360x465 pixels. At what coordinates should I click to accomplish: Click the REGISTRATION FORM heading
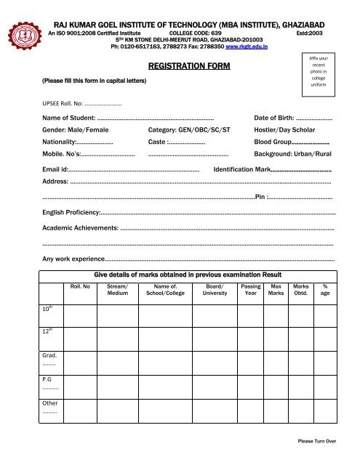[189, 67]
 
